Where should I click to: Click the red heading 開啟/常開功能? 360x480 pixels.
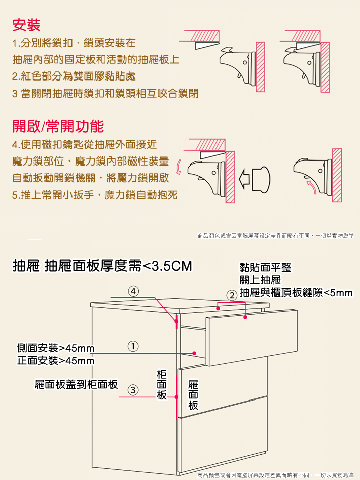click(58, 125)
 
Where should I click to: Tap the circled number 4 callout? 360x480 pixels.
click(133, 291)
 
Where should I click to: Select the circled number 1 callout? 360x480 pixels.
click(133, 346)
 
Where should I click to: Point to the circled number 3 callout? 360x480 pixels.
click(133, 389)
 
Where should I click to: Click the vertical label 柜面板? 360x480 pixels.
click(162, 385)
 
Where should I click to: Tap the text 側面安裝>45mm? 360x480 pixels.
click(55, 348)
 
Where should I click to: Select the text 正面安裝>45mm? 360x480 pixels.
click(55, 361)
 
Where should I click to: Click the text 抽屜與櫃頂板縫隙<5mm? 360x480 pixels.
click(296, 293)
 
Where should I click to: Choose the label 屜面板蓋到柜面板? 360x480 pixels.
click(76, 385)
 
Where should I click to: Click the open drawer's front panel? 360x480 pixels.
click(251, 337)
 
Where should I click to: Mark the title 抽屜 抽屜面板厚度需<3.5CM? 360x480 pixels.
click(103, 266)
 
